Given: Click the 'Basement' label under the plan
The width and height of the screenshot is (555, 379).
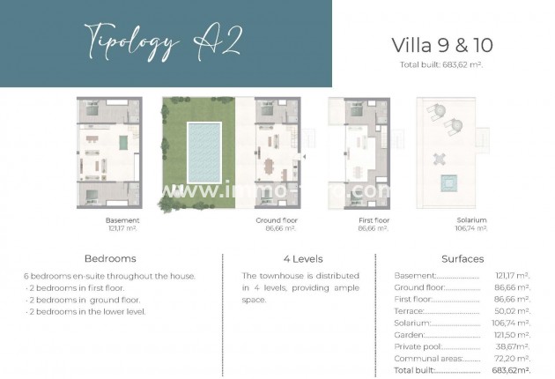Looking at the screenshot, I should (122, 219).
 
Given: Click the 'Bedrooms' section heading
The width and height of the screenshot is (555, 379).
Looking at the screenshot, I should (110, 259).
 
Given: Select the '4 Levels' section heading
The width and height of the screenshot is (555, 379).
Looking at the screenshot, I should (302, 259).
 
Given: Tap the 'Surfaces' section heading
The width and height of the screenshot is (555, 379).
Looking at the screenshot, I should (462, 259).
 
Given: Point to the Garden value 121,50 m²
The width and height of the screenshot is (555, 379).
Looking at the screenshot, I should (511, 335).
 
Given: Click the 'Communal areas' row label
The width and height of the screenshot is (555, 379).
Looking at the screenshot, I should (425, 359).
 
